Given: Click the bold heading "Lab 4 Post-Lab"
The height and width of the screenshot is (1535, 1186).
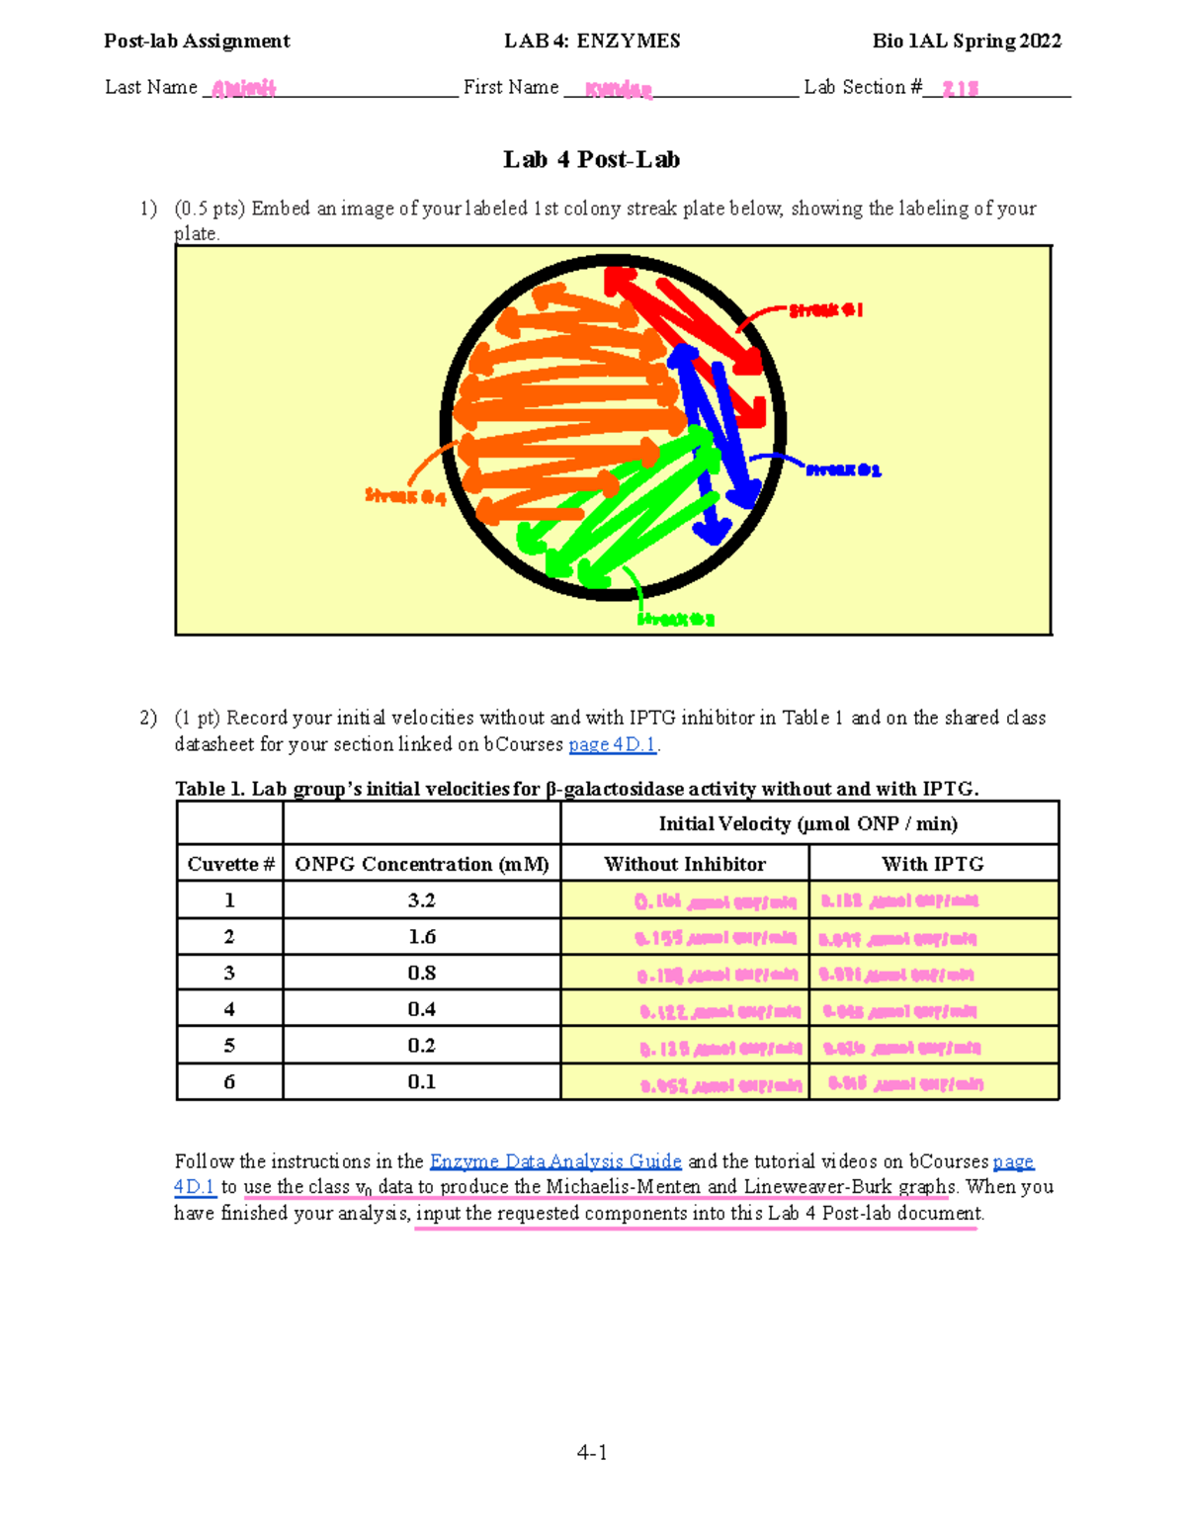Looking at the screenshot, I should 591,160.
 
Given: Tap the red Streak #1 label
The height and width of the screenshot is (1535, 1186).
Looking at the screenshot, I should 826,310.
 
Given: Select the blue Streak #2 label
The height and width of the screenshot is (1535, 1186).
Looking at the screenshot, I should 843,470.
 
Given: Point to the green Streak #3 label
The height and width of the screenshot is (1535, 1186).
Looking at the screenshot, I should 676,620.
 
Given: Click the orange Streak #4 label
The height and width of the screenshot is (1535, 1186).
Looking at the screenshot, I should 405,495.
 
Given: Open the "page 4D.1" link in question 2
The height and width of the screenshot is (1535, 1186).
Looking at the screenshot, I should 613,744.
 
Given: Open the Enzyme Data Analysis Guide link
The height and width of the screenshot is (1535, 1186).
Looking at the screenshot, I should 555,1161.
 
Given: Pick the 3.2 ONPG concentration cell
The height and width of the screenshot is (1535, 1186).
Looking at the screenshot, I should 421,900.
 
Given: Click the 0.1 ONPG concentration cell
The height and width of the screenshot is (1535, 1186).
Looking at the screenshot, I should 421,1082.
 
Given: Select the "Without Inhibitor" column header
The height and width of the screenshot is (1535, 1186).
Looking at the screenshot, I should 685,864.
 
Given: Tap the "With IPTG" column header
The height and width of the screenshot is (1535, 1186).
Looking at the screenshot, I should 933,864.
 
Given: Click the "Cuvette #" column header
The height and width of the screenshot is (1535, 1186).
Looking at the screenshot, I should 230,864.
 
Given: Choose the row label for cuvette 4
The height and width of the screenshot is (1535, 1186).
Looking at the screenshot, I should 229,1009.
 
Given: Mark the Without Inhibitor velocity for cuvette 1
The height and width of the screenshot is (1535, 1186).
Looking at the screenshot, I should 715,901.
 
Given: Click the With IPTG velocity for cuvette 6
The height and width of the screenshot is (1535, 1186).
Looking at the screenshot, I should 905,1083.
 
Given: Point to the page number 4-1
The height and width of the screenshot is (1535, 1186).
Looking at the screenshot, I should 592,1452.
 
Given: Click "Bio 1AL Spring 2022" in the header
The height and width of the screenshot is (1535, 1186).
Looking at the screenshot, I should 967,41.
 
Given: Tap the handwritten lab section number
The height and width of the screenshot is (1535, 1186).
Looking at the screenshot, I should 960,89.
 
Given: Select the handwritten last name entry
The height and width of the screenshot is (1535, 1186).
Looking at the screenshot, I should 243,89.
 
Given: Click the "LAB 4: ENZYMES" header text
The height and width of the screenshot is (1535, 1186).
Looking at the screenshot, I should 592,41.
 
